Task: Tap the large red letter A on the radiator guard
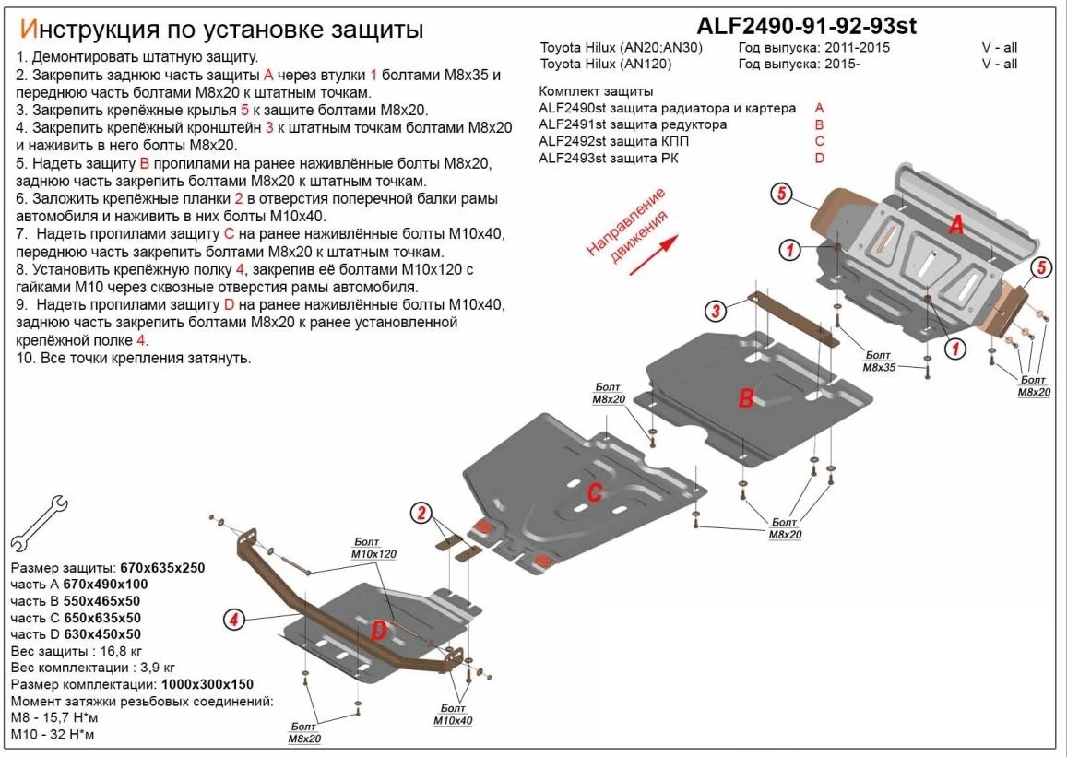point(957,224)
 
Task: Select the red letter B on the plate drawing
point(745,398)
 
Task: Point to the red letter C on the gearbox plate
point(595,492)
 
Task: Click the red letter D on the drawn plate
point(378,631)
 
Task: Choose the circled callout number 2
point(422,514)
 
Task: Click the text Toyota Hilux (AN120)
point(605,65)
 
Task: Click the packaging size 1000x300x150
point(207,684)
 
